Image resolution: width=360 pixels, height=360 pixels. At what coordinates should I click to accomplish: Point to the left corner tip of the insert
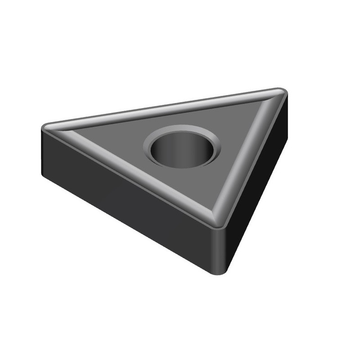(x=44, y=127)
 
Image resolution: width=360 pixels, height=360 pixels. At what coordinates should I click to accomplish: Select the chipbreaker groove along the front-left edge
(x=135, y=173)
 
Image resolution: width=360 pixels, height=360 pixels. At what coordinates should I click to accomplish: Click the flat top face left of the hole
(x=117, y=139)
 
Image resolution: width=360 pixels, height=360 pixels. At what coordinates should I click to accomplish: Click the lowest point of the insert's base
(x=219, y=274)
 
